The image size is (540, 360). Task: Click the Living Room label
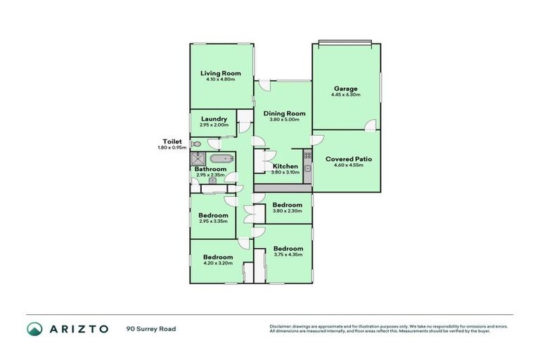[220, 73]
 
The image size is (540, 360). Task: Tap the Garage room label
[346, 89]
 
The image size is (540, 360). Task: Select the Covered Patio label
[348, 159]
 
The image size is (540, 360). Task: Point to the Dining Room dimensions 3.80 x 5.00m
[284, 120]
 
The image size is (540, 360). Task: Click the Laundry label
[214, 119]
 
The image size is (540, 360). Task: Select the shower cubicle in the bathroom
[197, 160]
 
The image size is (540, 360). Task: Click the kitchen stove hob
[307, 155]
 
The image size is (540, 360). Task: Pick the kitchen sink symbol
[307, 169]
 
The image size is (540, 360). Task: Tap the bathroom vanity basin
[212, 180]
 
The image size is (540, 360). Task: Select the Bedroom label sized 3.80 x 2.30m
[287, 205]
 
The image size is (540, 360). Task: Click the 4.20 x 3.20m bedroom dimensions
[217, 263]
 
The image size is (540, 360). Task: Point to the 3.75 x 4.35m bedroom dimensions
[288, 255]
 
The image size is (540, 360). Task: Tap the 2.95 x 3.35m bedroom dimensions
[212, 221]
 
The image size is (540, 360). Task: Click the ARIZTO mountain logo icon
[34, 328]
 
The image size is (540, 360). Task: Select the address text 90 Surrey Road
[150, 328]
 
